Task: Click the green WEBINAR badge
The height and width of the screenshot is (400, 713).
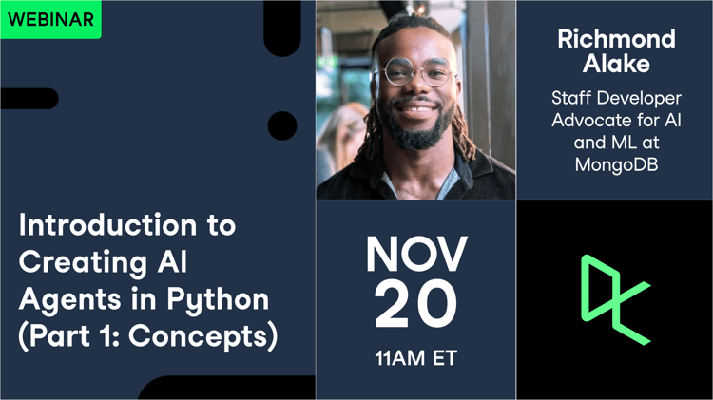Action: (50, 18)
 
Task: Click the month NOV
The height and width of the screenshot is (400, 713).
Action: (416, 254)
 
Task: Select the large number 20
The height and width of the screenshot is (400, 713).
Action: (416, 305)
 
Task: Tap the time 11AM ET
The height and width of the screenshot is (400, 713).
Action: (416, 359)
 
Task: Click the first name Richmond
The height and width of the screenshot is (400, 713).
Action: (615, 40)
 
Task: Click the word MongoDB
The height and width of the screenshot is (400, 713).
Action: (615, 163)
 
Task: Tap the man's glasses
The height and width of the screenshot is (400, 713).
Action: (415, 72)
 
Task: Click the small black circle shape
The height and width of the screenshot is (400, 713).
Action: (282, 125)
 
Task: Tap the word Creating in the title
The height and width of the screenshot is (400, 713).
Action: (79, 263)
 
